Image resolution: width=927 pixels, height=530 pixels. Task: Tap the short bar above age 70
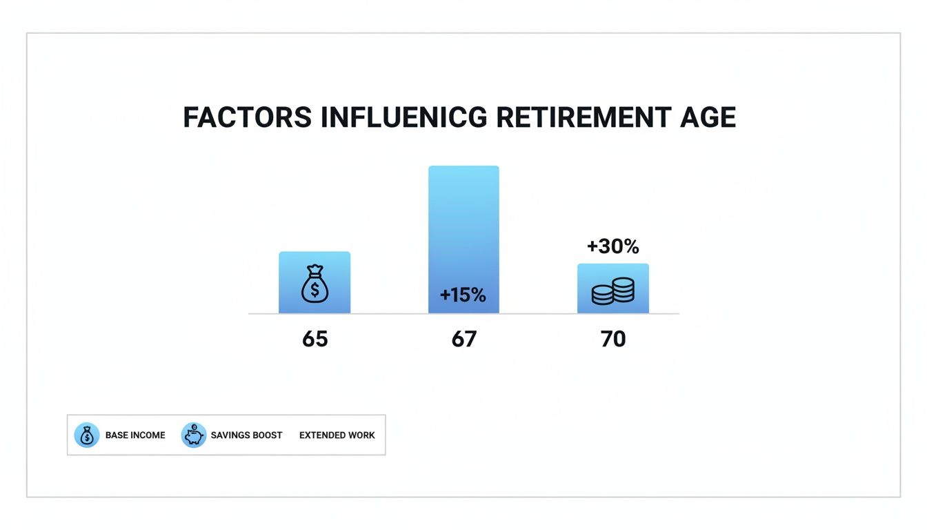pos(613,273)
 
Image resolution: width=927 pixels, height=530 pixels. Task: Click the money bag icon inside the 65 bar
pos(315,284)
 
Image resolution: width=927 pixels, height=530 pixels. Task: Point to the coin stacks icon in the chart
pos(613,292)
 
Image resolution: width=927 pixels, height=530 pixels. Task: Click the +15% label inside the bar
pos(463,295)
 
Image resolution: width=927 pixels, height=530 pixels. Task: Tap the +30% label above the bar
pos(612,246)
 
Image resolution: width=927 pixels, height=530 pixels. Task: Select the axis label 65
pos(315,339)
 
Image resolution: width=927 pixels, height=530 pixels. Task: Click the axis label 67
pos(464,339)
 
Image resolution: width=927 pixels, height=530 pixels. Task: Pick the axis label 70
pos(613,339)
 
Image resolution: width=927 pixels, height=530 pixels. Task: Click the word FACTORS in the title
pos(248,118)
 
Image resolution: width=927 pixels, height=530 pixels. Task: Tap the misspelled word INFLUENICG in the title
pos(403,118)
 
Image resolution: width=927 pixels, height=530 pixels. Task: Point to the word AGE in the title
pos(708,118)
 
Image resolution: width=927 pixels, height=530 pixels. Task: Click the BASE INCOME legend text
pos(135,435)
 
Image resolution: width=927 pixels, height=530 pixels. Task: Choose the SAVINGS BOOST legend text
pos(247,435)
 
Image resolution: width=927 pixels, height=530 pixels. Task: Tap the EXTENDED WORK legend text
pos(337,435)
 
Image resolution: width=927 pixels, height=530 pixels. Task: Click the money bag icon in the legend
pos(87,435)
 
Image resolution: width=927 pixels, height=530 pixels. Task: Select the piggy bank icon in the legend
pos(194,435)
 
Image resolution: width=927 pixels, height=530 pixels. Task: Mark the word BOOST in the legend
pos(267,435)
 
